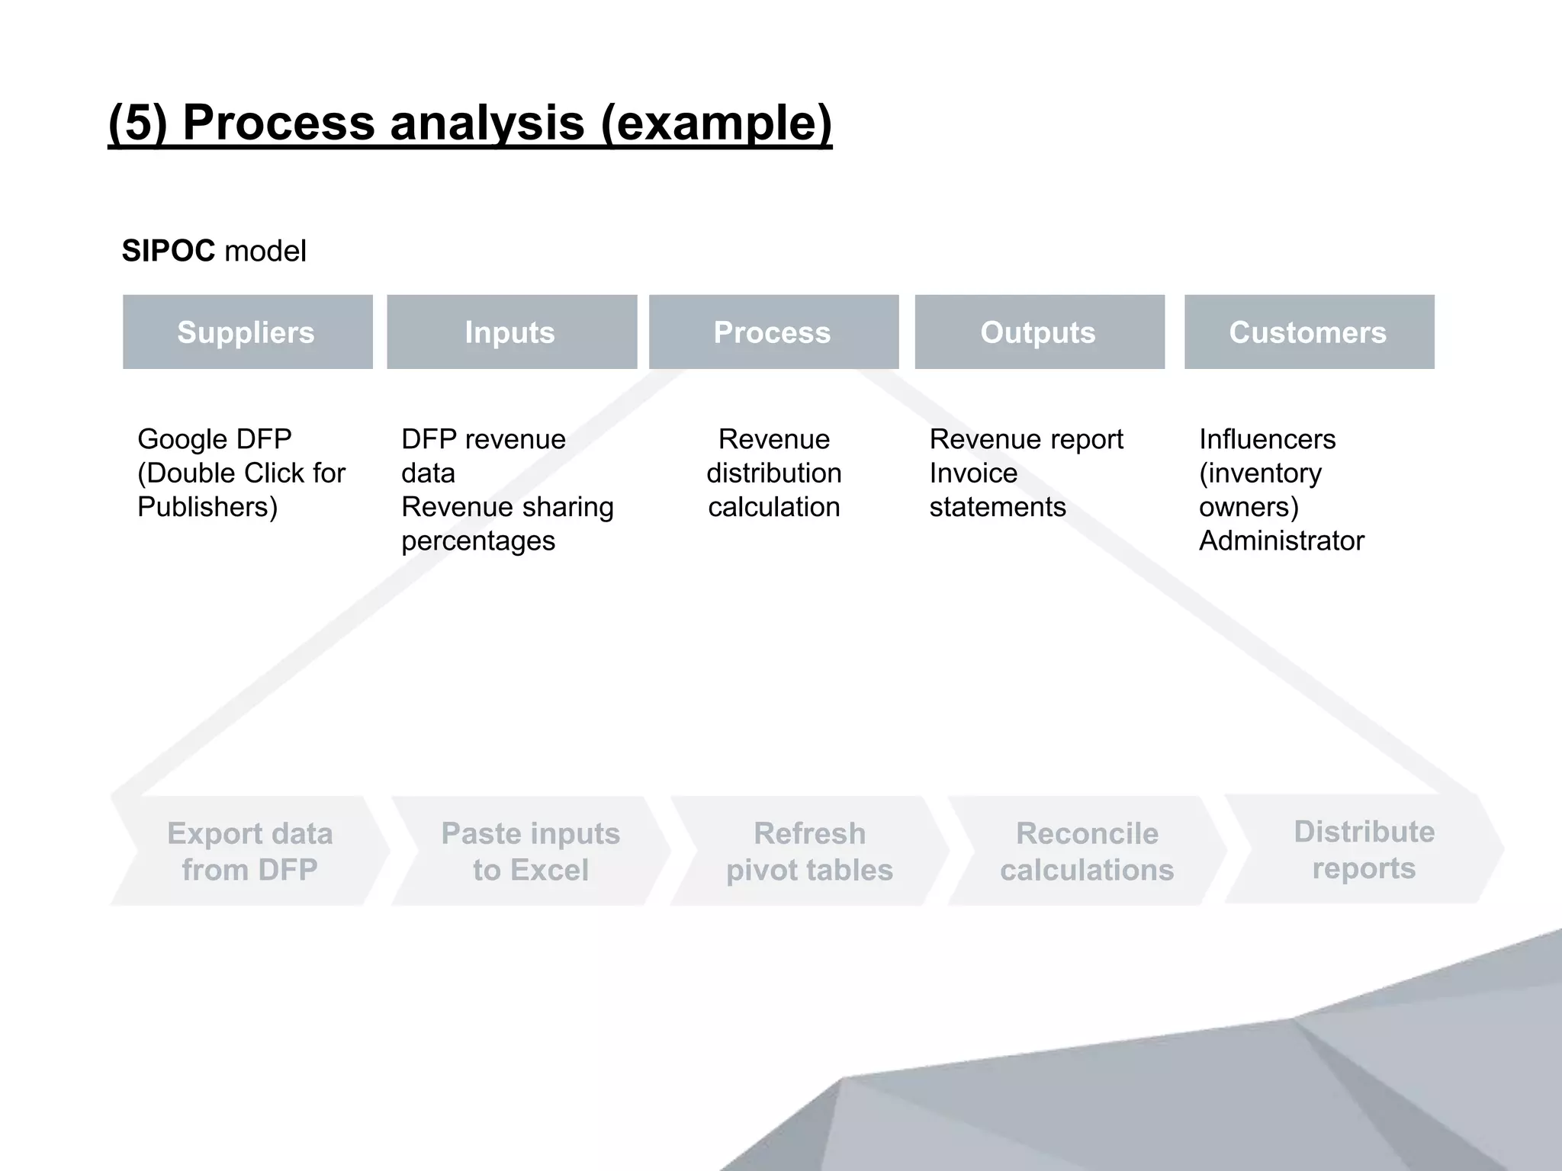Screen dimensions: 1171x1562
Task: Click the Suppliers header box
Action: tap(247, 332)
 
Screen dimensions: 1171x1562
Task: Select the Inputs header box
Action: tap(511, 332)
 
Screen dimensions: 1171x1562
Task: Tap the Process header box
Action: tap(773, 332)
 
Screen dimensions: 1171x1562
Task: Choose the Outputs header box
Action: tap(1039, 332)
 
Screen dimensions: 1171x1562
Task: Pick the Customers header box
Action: tap(1309, 332)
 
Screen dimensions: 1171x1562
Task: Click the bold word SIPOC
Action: tap(169, 251)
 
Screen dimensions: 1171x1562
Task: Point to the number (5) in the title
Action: tap(137, 122)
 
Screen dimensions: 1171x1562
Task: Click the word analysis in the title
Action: tap(487, 122)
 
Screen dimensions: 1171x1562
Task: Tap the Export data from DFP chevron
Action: tap(250, 851)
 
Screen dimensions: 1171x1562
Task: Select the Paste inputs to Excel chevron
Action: tap(531, 851)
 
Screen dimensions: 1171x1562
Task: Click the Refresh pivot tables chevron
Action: tap(810, 851)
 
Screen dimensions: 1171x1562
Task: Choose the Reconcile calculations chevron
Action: tap(1087, 851)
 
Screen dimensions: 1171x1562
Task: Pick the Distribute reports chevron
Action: tap(1364, 849)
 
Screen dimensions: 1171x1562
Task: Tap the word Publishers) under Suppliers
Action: tap(207, 507)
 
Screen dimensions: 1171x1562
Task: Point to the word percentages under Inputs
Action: tap(478, 541)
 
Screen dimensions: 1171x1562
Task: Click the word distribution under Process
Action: tap(773, 473)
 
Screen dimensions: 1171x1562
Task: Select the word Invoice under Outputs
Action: tap(973, 473)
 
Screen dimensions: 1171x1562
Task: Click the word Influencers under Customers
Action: tap(1267, 439)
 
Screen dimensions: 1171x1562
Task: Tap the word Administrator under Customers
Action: tap(1281, 541)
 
